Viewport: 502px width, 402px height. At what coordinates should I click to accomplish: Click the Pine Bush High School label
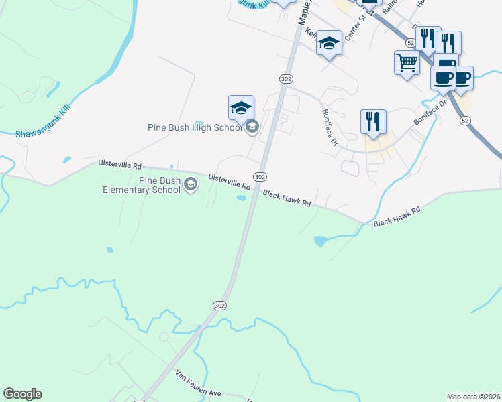[x=195, y=127]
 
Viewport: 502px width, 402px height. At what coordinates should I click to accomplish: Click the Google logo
[x=22, y=394]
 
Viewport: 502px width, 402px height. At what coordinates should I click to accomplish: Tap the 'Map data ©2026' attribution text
[x=473, y=396]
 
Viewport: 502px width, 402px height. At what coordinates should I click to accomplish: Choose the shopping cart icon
[x=407, y=64]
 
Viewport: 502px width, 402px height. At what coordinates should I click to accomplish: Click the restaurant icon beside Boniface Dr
[x=373, y=123]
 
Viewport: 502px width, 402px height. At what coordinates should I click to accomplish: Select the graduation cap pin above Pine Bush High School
[x=241, y=108]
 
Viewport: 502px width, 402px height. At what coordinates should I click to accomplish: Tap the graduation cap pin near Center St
[x=329, y=44]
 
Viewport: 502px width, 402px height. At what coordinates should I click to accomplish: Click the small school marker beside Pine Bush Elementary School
[x=191, y=184]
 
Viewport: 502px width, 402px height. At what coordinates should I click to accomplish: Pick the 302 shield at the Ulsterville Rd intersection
[x=260, y=176]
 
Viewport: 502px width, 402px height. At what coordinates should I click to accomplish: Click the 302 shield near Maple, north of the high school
[x=286, y=79]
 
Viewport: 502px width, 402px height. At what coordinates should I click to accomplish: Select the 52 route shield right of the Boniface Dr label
[x=465, y=120]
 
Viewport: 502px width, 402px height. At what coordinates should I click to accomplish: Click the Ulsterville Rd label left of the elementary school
[x=119, y=164]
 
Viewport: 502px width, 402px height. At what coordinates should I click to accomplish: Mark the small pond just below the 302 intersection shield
[x=241, y=198]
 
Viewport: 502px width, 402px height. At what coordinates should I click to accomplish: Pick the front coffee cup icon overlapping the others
[x=443, y=78]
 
